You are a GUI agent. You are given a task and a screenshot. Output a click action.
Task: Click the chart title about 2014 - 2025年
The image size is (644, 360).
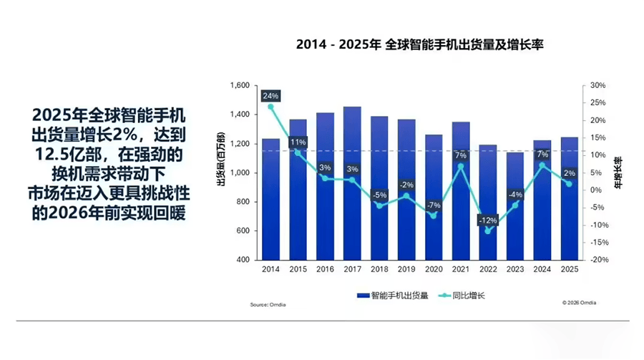(421, 45)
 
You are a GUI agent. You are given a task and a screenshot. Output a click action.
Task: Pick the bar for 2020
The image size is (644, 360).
(434, 197)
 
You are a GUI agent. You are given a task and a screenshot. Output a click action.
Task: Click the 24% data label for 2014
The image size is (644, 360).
(270, 96)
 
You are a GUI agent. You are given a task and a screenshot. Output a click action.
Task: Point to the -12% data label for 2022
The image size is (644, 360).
(488, 219)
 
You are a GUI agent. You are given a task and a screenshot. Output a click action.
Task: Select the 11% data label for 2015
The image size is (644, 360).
(298, 141)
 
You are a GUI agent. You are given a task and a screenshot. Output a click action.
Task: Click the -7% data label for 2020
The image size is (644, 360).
(434, 205)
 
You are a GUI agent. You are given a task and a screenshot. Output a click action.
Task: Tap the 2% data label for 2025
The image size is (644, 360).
(570, 172)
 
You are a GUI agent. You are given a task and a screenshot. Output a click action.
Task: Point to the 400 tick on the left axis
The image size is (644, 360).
(243, 260)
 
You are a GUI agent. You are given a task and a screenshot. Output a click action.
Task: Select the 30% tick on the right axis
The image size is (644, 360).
(597, 85)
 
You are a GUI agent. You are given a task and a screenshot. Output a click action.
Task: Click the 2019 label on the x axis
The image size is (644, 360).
(406, 269)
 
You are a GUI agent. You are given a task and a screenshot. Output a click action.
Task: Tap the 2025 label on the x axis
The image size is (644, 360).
(570, 269)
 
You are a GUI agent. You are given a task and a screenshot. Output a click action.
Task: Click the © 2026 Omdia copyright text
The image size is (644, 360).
(579, 303)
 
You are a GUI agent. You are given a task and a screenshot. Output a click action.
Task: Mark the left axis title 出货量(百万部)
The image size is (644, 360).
(222, 159)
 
